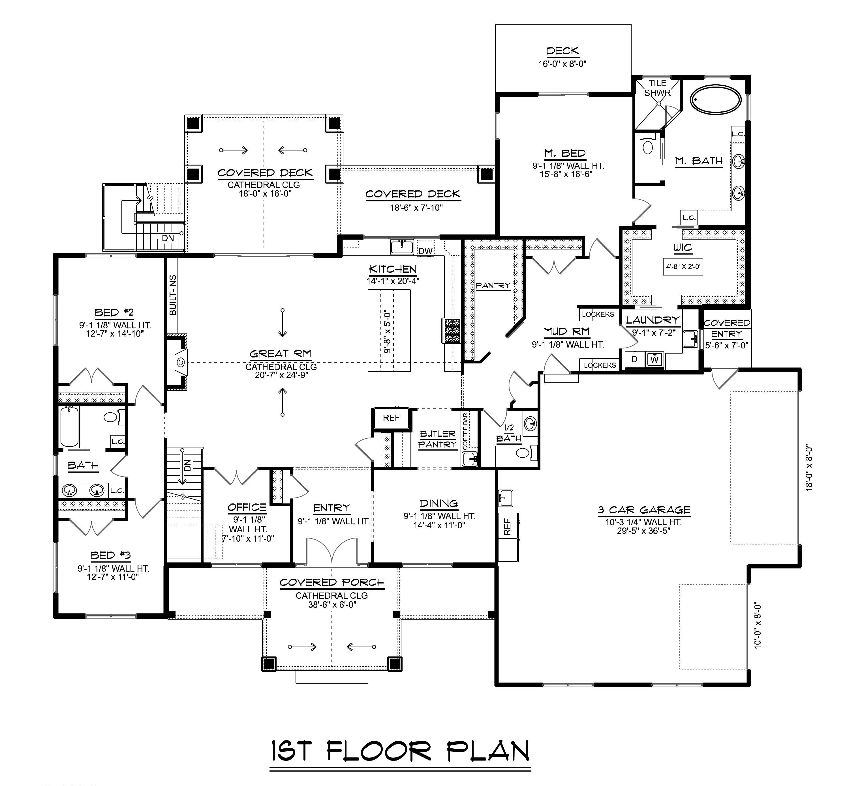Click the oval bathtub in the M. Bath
[715, 100]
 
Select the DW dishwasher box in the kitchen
[425, 251]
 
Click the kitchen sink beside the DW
[402, 246]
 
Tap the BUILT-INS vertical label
[173, 295]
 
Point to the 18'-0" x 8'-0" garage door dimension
[809, 468]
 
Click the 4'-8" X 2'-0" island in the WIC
[683, 267]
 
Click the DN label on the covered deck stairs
[168, 238]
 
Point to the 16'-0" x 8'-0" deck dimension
[562, 64]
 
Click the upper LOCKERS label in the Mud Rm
[598, 314]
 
